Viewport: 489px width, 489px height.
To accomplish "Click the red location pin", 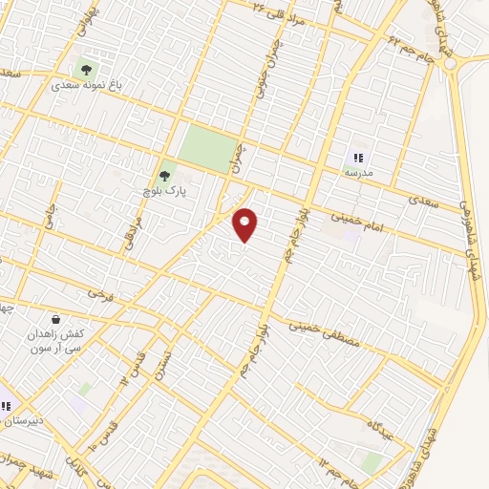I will tap(246, 224).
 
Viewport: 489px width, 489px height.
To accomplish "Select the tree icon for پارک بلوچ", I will tap(165, 176).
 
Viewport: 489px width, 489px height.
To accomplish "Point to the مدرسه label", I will tap(358, 173).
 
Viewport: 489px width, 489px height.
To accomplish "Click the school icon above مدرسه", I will tap(359, 158).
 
